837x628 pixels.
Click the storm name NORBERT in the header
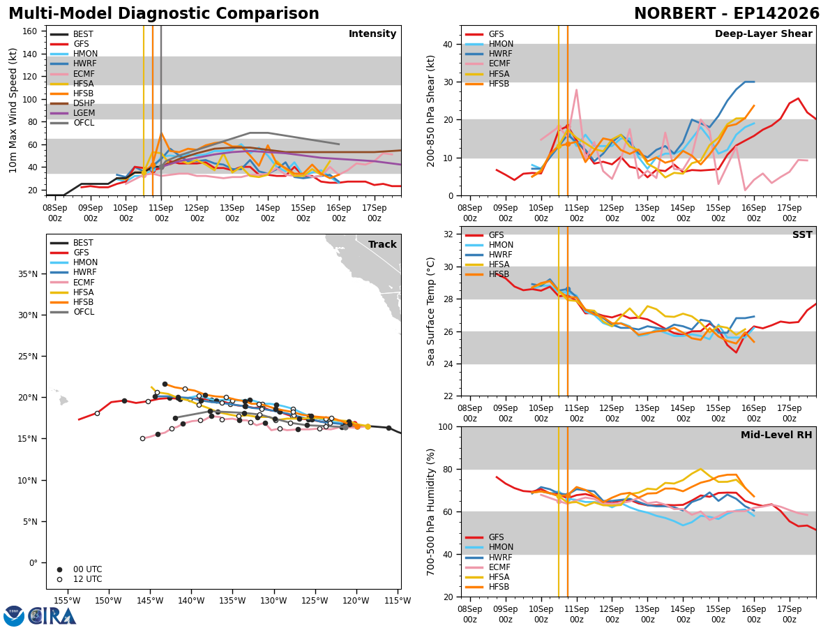(674, 13)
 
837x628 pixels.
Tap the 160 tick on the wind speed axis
(30, 31)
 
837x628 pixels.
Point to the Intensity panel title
(372, 33)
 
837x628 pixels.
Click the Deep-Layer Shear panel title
(763, 33)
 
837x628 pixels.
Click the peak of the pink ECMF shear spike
(576, 90)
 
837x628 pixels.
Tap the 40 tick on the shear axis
(448, 44)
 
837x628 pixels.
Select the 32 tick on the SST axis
(448, 234)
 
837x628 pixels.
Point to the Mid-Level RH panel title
(776, 435)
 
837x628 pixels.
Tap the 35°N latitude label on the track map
(28, 274)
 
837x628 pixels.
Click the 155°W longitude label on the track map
(67, 601)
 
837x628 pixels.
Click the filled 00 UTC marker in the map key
(59, 569)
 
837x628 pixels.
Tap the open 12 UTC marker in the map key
(59, 580)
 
